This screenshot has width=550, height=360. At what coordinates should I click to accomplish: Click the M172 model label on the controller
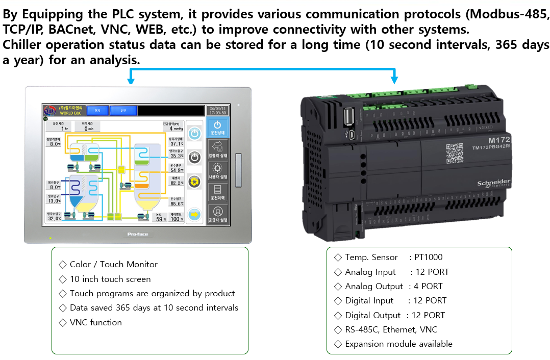click(499, 140)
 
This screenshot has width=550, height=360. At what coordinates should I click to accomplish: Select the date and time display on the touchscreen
click(217, 110)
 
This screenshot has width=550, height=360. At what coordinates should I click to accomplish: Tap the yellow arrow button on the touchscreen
click(194, 214)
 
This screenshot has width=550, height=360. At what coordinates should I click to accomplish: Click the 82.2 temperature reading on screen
click(177, 183)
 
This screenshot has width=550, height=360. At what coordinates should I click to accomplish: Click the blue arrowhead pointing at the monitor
click(131, 80)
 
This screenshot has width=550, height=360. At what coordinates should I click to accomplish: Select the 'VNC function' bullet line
click(95, 322)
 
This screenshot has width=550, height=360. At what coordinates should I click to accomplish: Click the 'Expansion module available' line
click(398, 344)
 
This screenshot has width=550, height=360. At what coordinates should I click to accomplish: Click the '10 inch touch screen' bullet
click(110, 279)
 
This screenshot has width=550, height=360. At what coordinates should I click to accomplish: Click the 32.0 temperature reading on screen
click(54, 218)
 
